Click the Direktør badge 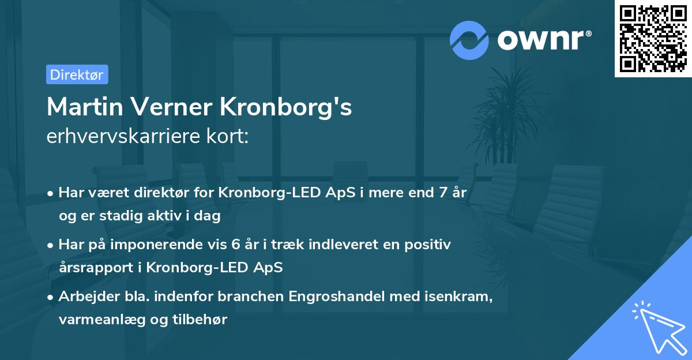(x=77, y=75)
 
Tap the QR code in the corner (x=653, y=39)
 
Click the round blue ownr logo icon (x=469, y=40)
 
